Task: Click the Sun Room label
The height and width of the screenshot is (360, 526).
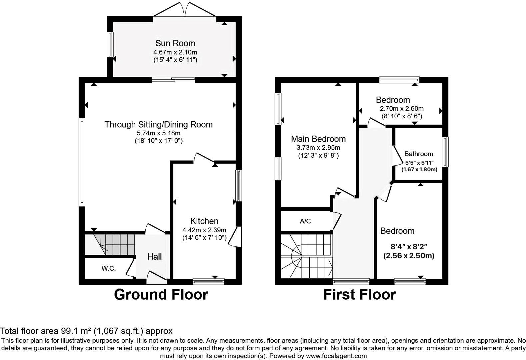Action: point(175,43)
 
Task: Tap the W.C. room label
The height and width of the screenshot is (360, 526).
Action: point(109,268)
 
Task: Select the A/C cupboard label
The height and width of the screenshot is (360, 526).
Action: point(305,221)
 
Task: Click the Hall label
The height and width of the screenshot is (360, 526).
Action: point(154,257)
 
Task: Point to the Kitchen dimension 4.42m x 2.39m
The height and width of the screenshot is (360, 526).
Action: point(204,230)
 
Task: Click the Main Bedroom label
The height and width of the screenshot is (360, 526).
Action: point(318,139)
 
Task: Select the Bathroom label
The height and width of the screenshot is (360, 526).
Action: point(419,154)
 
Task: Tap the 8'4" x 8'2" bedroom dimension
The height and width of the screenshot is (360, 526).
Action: point(409,247)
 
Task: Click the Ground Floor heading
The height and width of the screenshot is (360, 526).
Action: point(161,295)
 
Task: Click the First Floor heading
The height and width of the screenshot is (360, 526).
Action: point(360,295)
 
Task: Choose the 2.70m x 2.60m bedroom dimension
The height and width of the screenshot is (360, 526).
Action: point(401,109)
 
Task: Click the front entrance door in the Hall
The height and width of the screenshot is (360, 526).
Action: point(157,278)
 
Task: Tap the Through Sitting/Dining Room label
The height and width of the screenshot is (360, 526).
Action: point(158,124)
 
